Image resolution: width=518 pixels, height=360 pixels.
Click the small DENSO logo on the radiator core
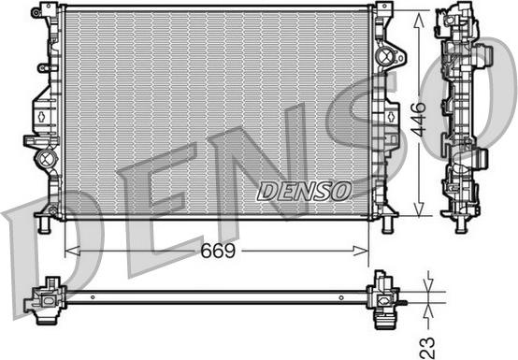[304, 190]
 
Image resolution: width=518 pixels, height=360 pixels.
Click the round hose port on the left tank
[45, 160]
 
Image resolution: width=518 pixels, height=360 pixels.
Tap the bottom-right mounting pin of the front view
[388, 224]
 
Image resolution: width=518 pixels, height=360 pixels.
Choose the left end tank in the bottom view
[47, 298]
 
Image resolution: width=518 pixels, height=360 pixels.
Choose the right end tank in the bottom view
[382, 298]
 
